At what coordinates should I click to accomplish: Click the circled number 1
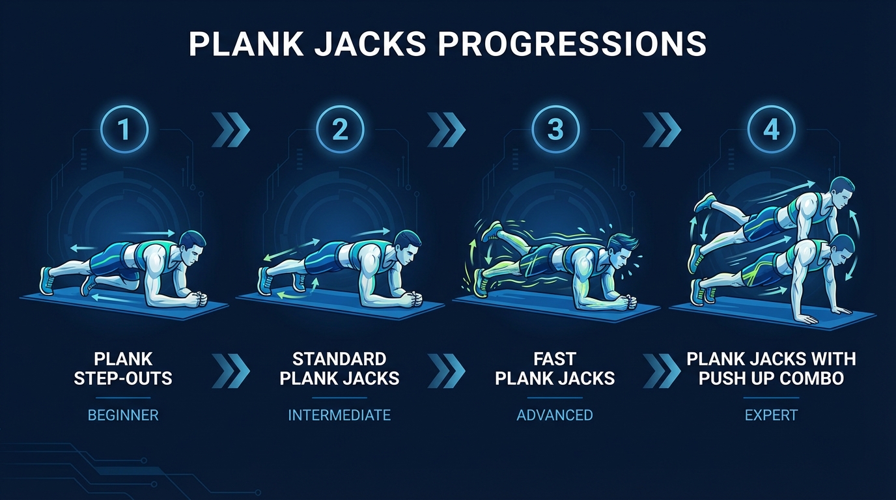pos(124,130)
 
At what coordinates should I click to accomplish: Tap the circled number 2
pos(340,130)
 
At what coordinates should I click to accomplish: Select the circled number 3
pos(555,130)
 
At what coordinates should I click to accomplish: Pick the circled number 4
pos(771,130)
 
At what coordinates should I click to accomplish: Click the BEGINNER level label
pos(123,415)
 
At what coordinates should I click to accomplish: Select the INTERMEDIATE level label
pos(339,415)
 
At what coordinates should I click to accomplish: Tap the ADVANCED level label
pos(555,415)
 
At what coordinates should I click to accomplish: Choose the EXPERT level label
pos(771,415)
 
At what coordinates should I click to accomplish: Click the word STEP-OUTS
pos(123,378)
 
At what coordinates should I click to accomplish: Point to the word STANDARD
pos(339,359)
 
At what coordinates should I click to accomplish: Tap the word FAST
pos(555,359)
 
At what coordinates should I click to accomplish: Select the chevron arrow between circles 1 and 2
pos(231,130)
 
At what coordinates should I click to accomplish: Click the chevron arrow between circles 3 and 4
pos(662,130)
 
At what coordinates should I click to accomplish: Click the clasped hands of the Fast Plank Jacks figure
pos(628,304)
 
